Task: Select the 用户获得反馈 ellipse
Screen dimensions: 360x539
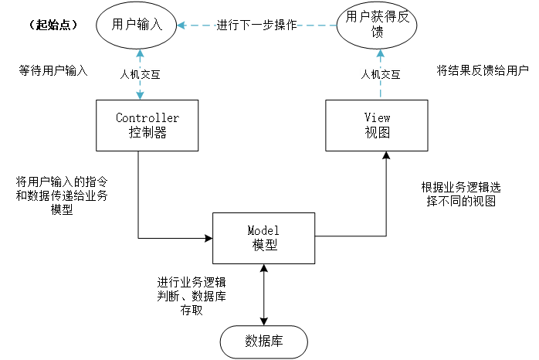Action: click(x=377, y=25)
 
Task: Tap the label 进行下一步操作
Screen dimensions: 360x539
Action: click(x=256, y=25)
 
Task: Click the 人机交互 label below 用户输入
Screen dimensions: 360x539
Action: click(x=140, y=75)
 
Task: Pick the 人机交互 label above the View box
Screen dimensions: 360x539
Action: click(x=381, y=75)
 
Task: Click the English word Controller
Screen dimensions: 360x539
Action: click(x=147, y=118)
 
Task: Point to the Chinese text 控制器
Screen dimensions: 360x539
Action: click(x=147, y=132)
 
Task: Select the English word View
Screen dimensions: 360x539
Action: click(x=377, y=118)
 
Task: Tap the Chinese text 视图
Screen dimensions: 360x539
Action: click(x=377, y=132)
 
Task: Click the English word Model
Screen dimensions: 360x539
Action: click(x=263, y=231)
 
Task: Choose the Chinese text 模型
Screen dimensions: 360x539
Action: click(x=263, y=246)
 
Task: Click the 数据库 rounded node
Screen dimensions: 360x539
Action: click(x=263, y=341)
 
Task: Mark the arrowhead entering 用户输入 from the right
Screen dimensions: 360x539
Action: click(x=181, y=25)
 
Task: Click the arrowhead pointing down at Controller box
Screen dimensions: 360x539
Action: click(x=140, y=95)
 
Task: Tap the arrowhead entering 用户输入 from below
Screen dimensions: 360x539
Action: click(x=140, y=54)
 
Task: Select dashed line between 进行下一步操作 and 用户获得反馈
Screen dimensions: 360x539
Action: click(x=317, y=25)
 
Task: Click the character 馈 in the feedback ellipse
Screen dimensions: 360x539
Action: click(x=377, y=33)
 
